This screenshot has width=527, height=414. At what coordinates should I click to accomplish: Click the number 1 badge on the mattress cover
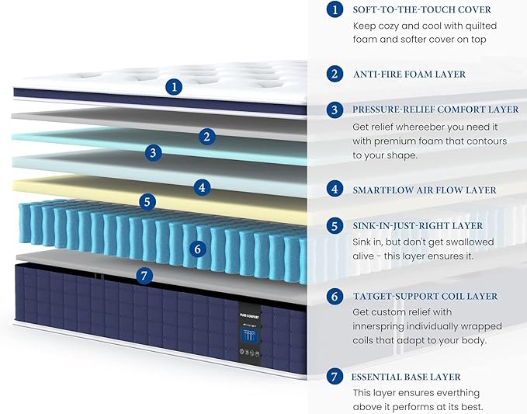click(174, 87)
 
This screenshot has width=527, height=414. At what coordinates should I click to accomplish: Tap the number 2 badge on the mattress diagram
click(206, 137)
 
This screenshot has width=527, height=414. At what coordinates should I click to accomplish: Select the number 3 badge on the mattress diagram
click(153, 152)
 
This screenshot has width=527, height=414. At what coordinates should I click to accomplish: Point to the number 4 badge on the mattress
click(202, 187)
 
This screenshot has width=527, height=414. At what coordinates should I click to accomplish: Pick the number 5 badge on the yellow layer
click(147, 201)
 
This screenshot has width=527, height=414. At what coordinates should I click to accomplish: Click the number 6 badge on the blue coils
click(198, 249)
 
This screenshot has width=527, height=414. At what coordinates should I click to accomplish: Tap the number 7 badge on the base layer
click(144, 276)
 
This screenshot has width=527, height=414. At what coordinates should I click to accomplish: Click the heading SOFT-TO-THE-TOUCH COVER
click(421, 9)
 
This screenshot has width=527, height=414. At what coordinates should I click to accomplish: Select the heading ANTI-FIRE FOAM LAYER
click(409, 74)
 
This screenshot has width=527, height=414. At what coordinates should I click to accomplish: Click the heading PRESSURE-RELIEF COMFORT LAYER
click(435, 110)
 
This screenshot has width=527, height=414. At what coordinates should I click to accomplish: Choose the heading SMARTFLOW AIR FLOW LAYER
click(425, 190)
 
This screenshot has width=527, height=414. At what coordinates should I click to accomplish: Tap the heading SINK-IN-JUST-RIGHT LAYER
click(418, 226)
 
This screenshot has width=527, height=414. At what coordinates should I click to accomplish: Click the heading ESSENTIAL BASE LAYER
click(406, 377)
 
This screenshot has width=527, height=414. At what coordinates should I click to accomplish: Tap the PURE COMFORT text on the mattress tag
click(249, 316)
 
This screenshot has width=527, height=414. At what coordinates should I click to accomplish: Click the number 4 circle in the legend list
click(335, 190)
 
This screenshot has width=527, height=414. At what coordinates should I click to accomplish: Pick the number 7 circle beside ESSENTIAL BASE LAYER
click(335, 377)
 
